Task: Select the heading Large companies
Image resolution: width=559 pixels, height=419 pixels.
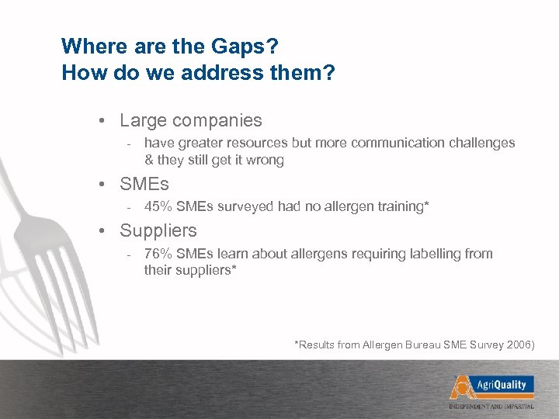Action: coord(190,121)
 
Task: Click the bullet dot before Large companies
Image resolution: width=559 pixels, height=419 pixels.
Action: coord(102,121)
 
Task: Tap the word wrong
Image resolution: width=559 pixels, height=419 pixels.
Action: coord(265,161)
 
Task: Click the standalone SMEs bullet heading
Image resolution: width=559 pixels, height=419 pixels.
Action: coord(144,185)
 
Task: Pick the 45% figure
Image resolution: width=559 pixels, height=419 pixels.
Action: coord(158,207)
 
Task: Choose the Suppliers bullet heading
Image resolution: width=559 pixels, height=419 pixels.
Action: coord(158,231)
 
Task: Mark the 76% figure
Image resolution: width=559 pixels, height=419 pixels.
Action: coord(158,254)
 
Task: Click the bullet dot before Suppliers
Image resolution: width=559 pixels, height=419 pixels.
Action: coord(102,231)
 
